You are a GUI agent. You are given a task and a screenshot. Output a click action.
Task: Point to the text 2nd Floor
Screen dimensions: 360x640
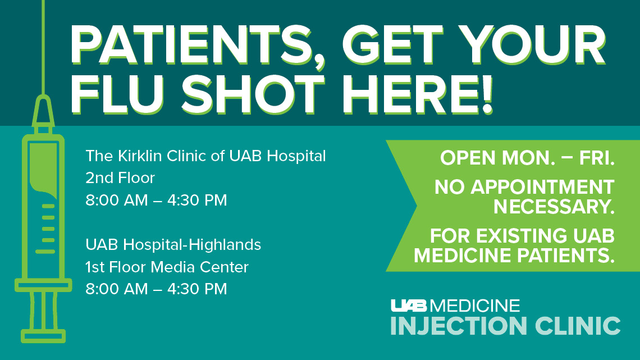120,178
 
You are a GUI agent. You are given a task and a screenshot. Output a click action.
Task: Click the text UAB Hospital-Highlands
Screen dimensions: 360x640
173,245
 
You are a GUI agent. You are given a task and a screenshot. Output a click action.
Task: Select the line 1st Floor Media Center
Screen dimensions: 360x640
167,267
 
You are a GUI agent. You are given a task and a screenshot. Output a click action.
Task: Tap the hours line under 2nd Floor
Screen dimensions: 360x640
156,200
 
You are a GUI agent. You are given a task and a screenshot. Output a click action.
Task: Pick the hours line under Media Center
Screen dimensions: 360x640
156,289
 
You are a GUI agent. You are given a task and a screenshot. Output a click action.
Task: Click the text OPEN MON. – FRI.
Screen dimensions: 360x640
527,158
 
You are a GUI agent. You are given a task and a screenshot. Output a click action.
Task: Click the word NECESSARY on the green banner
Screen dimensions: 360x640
553,207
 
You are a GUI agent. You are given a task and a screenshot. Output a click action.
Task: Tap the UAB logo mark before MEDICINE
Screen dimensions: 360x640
409,306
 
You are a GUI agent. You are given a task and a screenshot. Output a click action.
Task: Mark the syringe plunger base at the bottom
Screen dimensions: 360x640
43,336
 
